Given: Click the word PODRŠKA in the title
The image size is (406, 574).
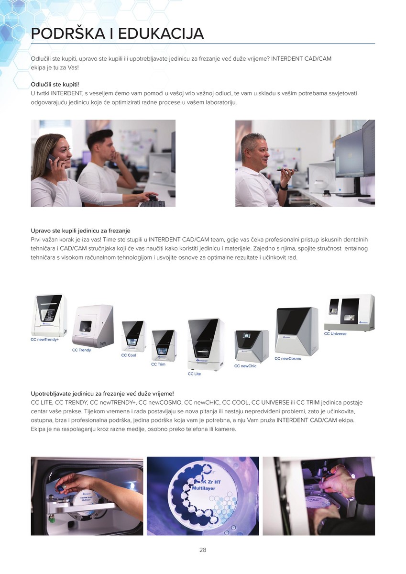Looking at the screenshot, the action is [68, 33].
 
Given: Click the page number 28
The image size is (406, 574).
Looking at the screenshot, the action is [203, 550].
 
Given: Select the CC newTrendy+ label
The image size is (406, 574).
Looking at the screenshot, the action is [44, 340].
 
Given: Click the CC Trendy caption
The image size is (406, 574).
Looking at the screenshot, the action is [81, 350].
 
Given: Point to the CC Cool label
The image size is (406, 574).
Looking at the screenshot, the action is [129, 355].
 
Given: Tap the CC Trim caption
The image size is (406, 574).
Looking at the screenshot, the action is [158, 364].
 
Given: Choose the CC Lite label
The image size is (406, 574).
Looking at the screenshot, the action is [194, 374].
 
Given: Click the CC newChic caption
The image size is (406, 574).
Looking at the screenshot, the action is [245, 366].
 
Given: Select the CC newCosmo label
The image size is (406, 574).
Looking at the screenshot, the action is [288, 358].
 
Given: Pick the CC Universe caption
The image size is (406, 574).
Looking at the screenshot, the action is [335, 334].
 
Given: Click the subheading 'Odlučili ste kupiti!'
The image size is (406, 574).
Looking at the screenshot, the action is [55, 84].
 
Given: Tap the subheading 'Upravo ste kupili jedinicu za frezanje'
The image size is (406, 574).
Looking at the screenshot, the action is [80, 231].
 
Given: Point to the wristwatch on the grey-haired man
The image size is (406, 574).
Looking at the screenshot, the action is [284, 187].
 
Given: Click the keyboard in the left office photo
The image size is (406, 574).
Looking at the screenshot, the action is [152, 204].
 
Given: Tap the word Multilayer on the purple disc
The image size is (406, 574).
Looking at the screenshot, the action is [204, 488].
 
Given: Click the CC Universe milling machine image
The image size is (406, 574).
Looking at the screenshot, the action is [349, 312].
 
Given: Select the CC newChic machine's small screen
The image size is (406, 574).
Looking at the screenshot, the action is [247, 336].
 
